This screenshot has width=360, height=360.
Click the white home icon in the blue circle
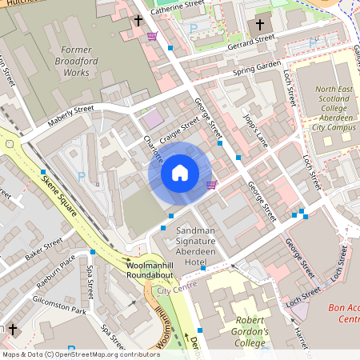180,172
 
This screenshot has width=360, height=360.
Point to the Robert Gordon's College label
238,333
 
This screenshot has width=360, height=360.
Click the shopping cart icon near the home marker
211,185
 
